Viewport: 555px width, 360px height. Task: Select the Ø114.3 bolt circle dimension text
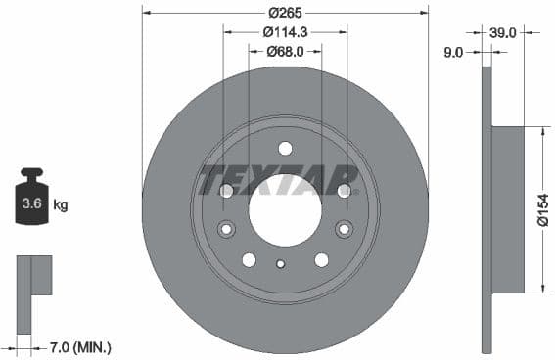[286, 32]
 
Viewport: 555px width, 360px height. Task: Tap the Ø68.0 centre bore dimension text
[286, 51]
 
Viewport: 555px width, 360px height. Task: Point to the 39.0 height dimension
[503, 32]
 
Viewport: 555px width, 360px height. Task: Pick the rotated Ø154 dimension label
[542, 210]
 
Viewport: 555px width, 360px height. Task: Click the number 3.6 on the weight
[29, 205]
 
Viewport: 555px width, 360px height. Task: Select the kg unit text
[60, 205]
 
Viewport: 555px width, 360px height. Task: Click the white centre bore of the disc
[285, 210]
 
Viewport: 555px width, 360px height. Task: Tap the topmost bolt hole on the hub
[285, 149]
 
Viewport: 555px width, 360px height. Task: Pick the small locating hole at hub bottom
[281, 263]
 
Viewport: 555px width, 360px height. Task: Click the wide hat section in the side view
[507, 209]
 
